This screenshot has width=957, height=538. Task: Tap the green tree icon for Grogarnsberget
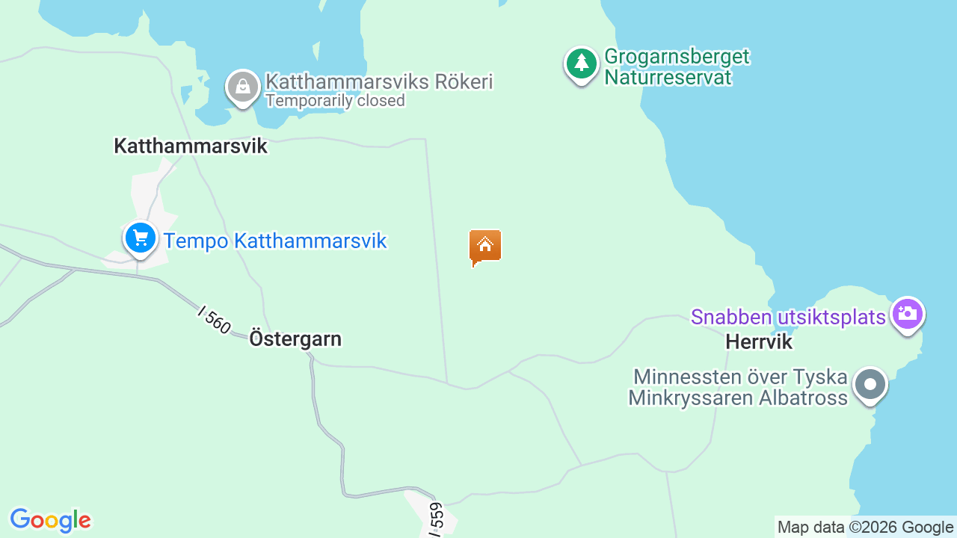tap(581, 64)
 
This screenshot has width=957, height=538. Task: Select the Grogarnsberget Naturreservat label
tap(677, 67)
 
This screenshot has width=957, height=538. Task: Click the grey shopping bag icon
tap(242, 87)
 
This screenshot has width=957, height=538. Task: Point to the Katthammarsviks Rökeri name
tap(379, 81)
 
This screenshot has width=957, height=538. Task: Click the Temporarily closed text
tap(335, 100)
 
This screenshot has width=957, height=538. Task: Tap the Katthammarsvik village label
tap(190, 146)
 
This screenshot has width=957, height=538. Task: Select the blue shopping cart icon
tap(140, 239)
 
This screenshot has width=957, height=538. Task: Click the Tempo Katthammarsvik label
tap(275, 241)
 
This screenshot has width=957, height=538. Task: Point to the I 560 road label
tap(215, 319)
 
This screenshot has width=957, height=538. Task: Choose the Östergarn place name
tap(295, 338)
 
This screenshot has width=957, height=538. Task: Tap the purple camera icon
tap(907, 314)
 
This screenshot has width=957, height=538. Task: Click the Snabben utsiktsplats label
tap(788, 317)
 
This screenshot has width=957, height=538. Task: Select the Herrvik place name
tap(758, 342)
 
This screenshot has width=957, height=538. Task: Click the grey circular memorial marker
tap(870, 385)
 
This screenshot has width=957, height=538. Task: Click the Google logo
tap(50, 520)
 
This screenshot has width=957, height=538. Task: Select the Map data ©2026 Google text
tap(865, 527)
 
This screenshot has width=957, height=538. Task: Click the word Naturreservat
tap(668, 76)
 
